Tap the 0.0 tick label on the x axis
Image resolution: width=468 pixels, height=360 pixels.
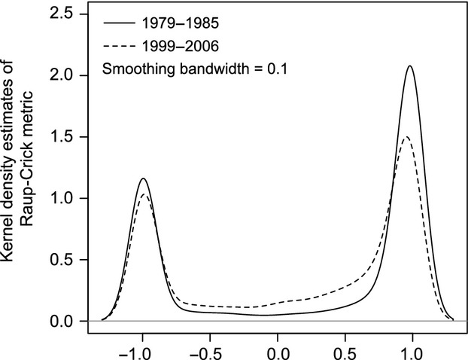(278, 351)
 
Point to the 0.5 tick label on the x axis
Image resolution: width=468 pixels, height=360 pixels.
(345, 351)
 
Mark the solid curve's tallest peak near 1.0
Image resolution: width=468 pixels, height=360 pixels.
(410, 66)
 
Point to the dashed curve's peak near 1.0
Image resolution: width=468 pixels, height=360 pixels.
(407, 137)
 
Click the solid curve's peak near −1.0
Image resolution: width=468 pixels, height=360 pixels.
(143, 178)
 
